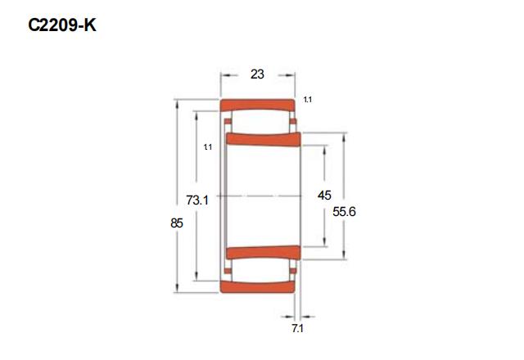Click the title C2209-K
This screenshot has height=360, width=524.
[62, 25]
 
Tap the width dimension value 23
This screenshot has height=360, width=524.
[257, 74]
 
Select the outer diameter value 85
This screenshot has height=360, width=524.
[177, 223]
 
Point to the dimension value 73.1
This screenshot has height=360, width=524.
[197, 200]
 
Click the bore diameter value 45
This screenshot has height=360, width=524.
[324, 195]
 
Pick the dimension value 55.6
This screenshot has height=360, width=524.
[344, 211]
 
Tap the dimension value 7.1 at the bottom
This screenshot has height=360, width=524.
[297, 329]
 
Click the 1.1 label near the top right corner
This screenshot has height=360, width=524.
[308, 100]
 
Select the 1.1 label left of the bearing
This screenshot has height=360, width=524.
[208, 147]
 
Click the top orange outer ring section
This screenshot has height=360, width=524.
[257, 105]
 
